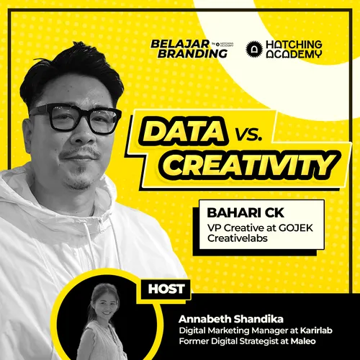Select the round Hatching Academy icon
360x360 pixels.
coord(253,48)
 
